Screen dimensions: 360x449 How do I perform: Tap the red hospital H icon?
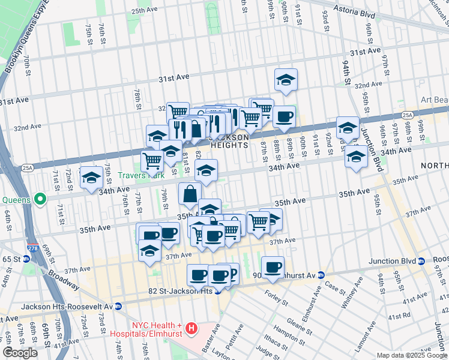(191, 328)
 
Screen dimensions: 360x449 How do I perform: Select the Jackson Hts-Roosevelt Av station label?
(67, 306)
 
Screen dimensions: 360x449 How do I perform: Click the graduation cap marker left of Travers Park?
(91, 177)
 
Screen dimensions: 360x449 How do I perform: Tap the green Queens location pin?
(41, 198)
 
